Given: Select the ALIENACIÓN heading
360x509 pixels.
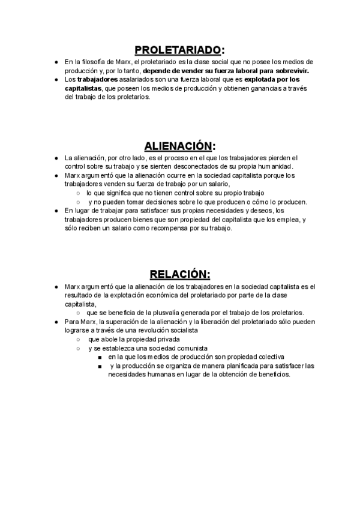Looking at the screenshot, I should (178, 146).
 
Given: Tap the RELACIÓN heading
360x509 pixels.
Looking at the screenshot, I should (179, 274).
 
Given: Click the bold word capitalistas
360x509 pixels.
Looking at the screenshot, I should (83, 88).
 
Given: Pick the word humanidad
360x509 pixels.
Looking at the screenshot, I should (273, 166).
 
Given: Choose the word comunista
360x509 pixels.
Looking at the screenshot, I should (191, 348).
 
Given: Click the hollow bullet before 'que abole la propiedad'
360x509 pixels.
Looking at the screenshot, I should (79, 339).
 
